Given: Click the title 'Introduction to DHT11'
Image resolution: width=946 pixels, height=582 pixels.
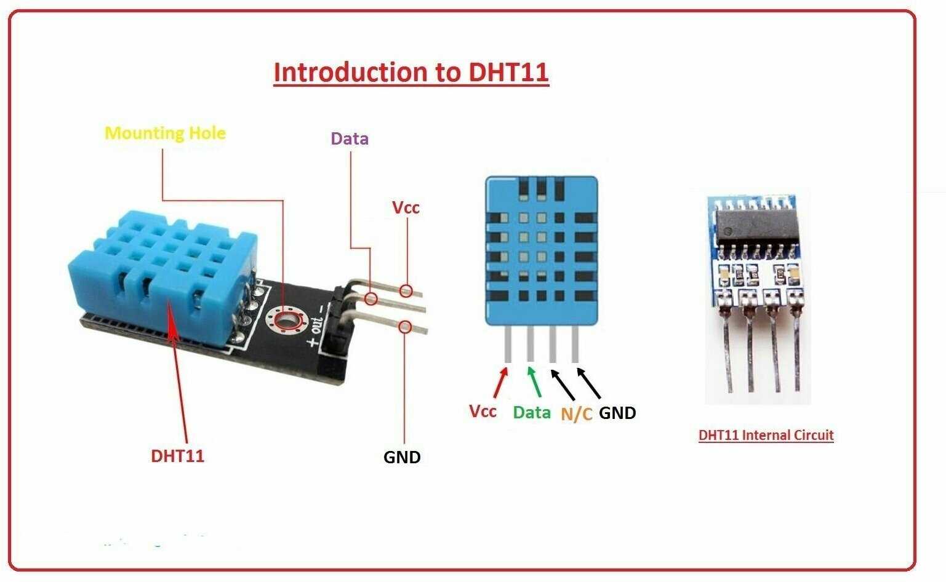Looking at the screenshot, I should [411, 72].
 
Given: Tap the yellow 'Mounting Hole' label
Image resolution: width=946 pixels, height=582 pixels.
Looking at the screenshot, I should [165, 133].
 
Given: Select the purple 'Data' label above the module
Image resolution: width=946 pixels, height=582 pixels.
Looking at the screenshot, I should [350, 138].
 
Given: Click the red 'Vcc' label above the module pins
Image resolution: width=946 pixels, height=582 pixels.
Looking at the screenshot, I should [406, 207].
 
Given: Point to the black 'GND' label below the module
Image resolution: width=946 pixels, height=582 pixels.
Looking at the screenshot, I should [402, 457].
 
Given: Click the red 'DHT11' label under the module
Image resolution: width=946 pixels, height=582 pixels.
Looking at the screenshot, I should [177, 456].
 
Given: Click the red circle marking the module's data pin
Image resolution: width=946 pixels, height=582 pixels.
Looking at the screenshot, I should [371, 299].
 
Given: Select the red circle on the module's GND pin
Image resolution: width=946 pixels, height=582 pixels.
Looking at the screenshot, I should [405, 327].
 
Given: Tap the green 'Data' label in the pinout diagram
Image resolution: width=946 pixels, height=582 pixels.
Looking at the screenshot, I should [532, 412].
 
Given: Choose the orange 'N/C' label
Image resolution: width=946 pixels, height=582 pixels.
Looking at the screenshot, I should [576, 414].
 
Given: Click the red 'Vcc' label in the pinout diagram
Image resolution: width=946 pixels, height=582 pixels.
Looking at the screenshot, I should [483, 411].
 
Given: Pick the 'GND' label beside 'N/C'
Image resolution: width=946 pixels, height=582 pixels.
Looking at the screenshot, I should [617, 413].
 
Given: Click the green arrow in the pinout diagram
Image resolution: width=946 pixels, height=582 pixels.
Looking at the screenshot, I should [534, 382].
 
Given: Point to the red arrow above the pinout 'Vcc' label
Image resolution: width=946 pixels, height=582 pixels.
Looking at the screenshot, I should [501, 382].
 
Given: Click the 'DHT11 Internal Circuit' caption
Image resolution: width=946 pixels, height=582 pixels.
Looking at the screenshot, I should [766, 435].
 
